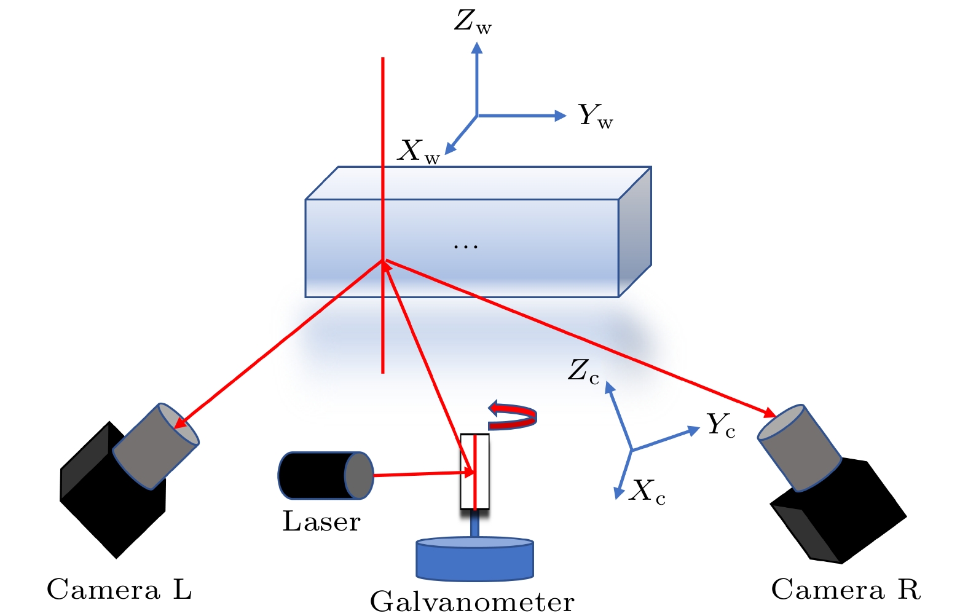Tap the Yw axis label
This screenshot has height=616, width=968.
(595, 116)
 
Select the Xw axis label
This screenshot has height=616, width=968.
(419, 151)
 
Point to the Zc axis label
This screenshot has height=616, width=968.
(583, 371)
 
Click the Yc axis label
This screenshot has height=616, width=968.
(720, 425)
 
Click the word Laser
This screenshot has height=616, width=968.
(321, 522)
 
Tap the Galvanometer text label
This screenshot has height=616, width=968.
(472, 601)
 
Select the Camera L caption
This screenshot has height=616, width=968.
(119, 590)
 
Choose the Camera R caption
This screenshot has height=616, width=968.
(846, 590)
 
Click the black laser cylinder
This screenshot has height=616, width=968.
(313, 475)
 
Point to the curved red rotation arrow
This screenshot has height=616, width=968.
(513, 416)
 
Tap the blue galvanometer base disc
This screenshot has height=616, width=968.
(474, 559)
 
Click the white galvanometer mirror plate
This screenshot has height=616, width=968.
(475, 472)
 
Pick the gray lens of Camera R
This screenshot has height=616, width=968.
(799, 448)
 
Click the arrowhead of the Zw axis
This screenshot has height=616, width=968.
(476, 47)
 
